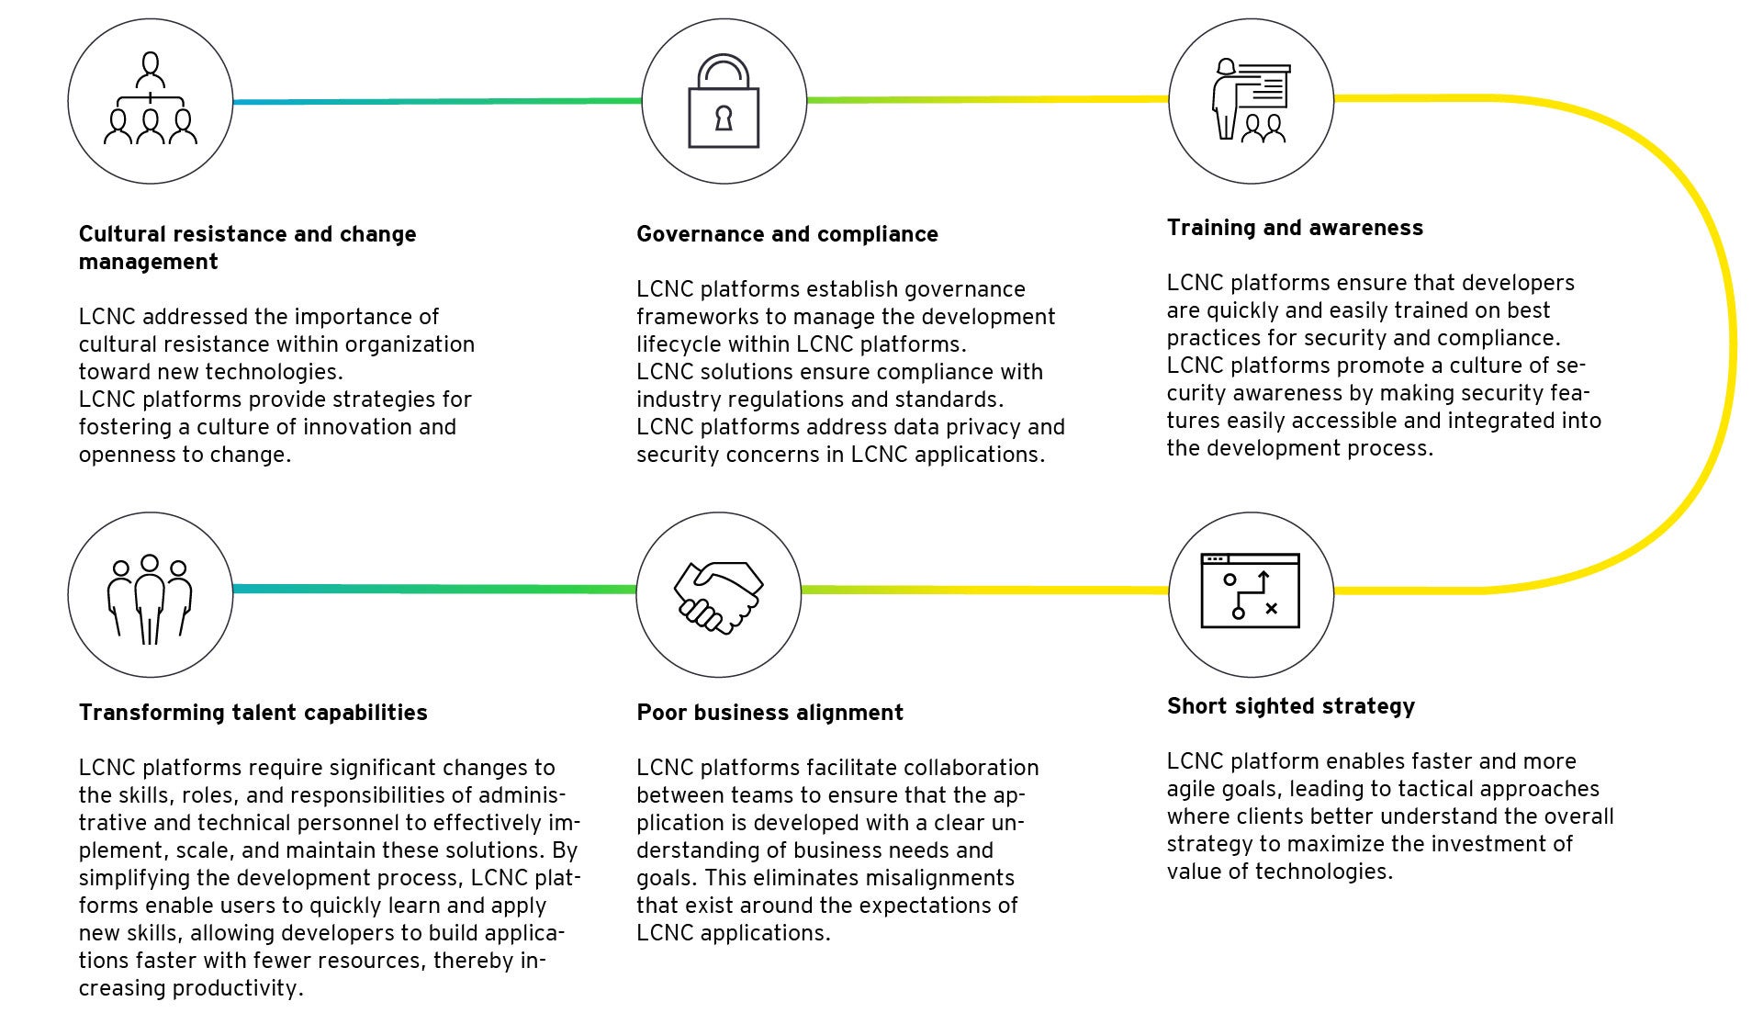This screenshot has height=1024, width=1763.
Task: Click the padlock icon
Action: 724,101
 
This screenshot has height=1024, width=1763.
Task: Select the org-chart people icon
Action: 150,101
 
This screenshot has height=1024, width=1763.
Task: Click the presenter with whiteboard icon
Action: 1251,101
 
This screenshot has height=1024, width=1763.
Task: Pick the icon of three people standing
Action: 150,597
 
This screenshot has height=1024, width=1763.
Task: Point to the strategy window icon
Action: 1250,591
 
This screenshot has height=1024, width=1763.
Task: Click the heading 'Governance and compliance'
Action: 787,234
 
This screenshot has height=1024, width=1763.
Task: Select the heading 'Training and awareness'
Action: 1295,228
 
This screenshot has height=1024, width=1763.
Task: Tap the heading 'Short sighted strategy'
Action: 1290,706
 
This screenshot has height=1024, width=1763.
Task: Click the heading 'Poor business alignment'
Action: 769,713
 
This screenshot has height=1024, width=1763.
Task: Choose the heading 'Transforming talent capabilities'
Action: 253,713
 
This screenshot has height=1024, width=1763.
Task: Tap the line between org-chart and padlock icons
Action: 436,101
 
